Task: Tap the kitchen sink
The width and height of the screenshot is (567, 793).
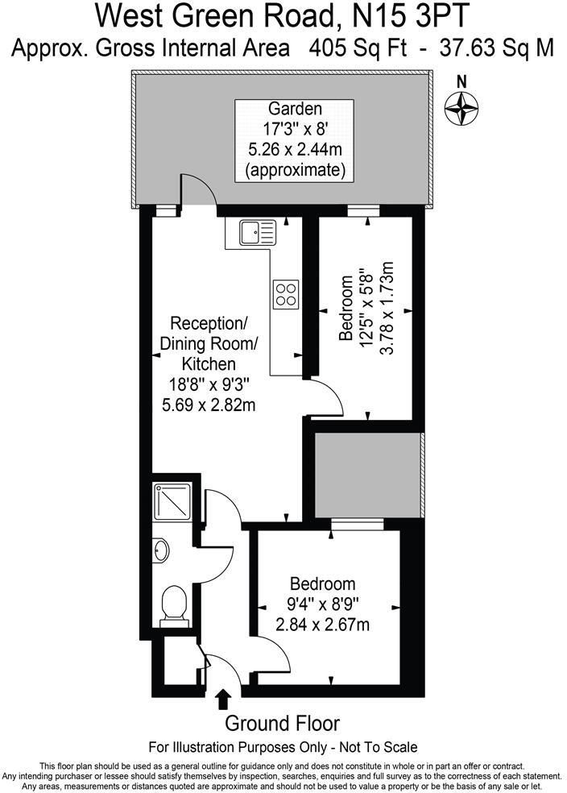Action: coord(258,233)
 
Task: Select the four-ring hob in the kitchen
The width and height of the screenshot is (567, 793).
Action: coord(286,294)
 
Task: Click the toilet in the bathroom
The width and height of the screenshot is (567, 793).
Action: coord(174,605)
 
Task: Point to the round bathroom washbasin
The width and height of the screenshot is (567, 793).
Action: coord(161,550)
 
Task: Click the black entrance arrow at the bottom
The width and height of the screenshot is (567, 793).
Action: coord(223,701)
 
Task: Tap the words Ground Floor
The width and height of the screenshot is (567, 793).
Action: coord(282,723)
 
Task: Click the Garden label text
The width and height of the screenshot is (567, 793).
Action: coord(295,108)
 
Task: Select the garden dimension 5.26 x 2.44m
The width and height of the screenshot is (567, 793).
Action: coord(295,149)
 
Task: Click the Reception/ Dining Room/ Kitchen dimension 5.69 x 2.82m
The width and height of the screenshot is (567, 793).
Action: coord(209,405)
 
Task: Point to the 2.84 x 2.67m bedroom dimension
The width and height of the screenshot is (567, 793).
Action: coord(322,624)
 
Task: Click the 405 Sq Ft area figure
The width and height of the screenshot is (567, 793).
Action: coord(358,48)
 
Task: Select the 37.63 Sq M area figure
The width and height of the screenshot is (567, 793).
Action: coord(497,48)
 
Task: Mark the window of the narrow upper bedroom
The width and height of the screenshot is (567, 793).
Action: coord(363,211)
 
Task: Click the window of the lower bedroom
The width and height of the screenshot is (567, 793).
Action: coord(358,524)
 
